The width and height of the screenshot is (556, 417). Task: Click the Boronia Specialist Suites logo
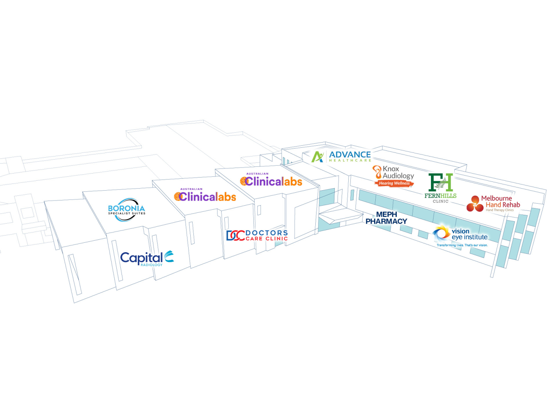127,209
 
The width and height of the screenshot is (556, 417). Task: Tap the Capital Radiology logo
147,259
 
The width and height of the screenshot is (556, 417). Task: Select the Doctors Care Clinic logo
257,236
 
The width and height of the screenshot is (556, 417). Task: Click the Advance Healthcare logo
341,156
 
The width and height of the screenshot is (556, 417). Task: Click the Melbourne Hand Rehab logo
493,203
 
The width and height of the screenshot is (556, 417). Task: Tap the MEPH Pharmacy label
386,218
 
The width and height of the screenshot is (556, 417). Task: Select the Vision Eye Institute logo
460,236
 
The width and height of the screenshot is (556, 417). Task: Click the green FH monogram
440,182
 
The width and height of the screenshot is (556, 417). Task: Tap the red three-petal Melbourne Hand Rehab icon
475,203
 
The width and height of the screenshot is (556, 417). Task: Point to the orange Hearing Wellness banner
394,183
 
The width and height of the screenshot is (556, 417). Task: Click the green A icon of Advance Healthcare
318,157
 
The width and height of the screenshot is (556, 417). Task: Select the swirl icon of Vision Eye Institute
441,233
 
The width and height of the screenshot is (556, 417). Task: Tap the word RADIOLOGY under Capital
151,265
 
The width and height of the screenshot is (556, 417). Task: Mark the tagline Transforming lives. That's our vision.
462,245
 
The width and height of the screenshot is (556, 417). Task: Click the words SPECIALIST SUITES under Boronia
127,214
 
